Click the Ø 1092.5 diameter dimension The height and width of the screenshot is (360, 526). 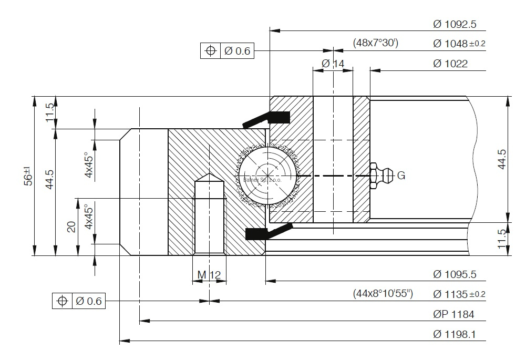[x=455, y=24]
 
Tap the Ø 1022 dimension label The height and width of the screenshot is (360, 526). [x=450, y=64]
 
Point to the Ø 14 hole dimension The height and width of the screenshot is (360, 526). [x=333, y=63]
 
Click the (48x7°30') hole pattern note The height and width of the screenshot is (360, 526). [x=375, y=43]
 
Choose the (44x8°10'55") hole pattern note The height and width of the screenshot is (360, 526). [x=383, y=294]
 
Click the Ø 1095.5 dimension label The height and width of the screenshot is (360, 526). [x=455, y=274]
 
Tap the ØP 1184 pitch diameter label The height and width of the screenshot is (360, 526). [x=453, y=314]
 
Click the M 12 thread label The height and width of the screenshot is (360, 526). [x=209, y=274]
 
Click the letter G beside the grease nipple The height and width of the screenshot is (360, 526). [x=401, y=176]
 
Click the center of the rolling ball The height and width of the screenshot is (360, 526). [x=267, y=176]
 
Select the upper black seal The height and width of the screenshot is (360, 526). [x=268, y=119]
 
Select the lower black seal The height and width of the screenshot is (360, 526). [x=268, y=231]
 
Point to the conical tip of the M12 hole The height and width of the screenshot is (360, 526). [x=209, y=178]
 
